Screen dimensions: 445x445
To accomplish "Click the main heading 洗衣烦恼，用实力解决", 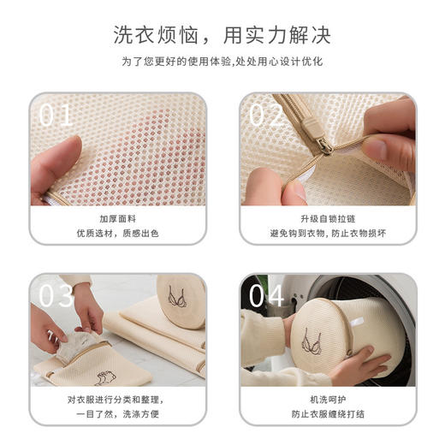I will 222,35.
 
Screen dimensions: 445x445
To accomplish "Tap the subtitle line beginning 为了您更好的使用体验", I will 222,62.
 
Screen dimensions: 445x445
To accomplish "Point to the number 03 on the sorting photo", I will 56,295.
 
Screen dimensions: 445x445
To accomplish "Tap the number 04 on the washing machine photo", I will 267,295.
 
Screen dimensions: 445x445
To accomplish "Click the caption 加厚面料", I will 118,218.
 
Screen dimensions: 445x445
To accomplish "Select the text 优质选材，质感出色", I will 118,233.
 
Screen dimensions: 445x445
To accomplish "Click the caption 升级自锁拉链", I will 328,218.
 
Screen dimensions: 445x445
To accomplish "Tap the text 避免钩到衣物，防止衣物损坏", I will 328,233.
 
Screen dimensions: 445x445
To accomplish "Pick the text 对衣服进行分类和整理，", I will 118,399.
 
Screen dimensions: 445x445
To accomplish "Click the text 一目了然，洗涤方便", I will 118,413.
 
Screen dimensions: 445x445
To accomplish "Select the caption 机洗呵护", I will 328,399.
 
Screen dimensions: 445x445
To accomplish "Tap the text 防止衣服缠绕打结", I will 328,413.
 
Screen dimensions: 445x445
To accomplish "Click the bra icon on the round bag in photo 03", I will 178,299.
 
